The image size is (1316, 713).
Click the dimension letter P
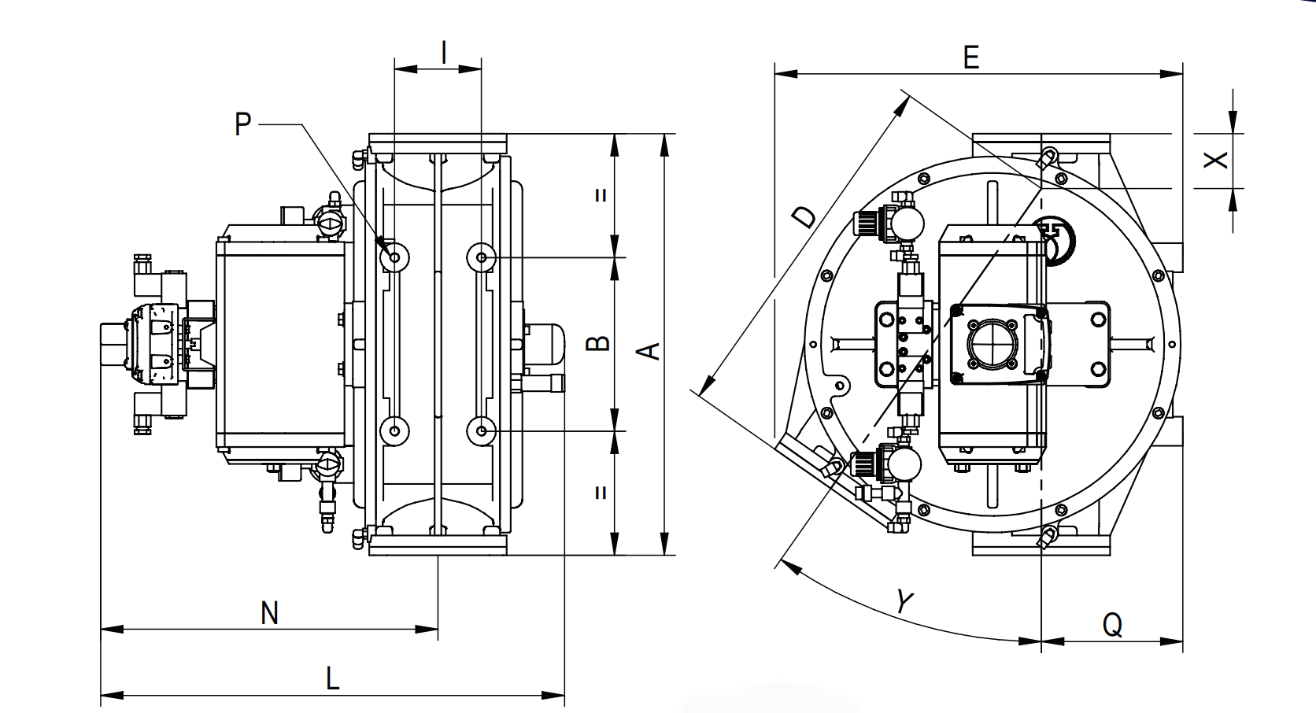point(243,124)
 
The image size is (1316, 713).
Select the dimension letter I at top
point(444,52)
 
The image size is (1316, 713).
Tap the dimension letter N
point(269,612)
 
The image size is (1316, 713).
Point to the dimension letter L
point(332,678)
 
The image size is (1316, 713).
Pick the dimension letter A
point(649,349)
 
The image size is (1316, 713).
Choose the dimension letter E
point(970,57)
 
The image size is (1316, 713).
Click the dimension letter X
point(1217,159)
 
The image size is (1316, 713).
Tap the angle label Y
point(905,602)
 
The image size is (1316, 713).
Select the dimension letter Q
point(1111,625)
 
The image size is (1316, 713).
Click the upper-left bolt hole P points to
point(394,257)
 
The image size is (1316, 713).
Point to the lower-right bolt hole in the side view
point(481,431)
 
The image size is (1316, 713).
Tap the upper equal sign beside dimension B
point(601,195)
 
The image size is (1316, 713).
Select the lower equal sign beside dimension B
point(601,493)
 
